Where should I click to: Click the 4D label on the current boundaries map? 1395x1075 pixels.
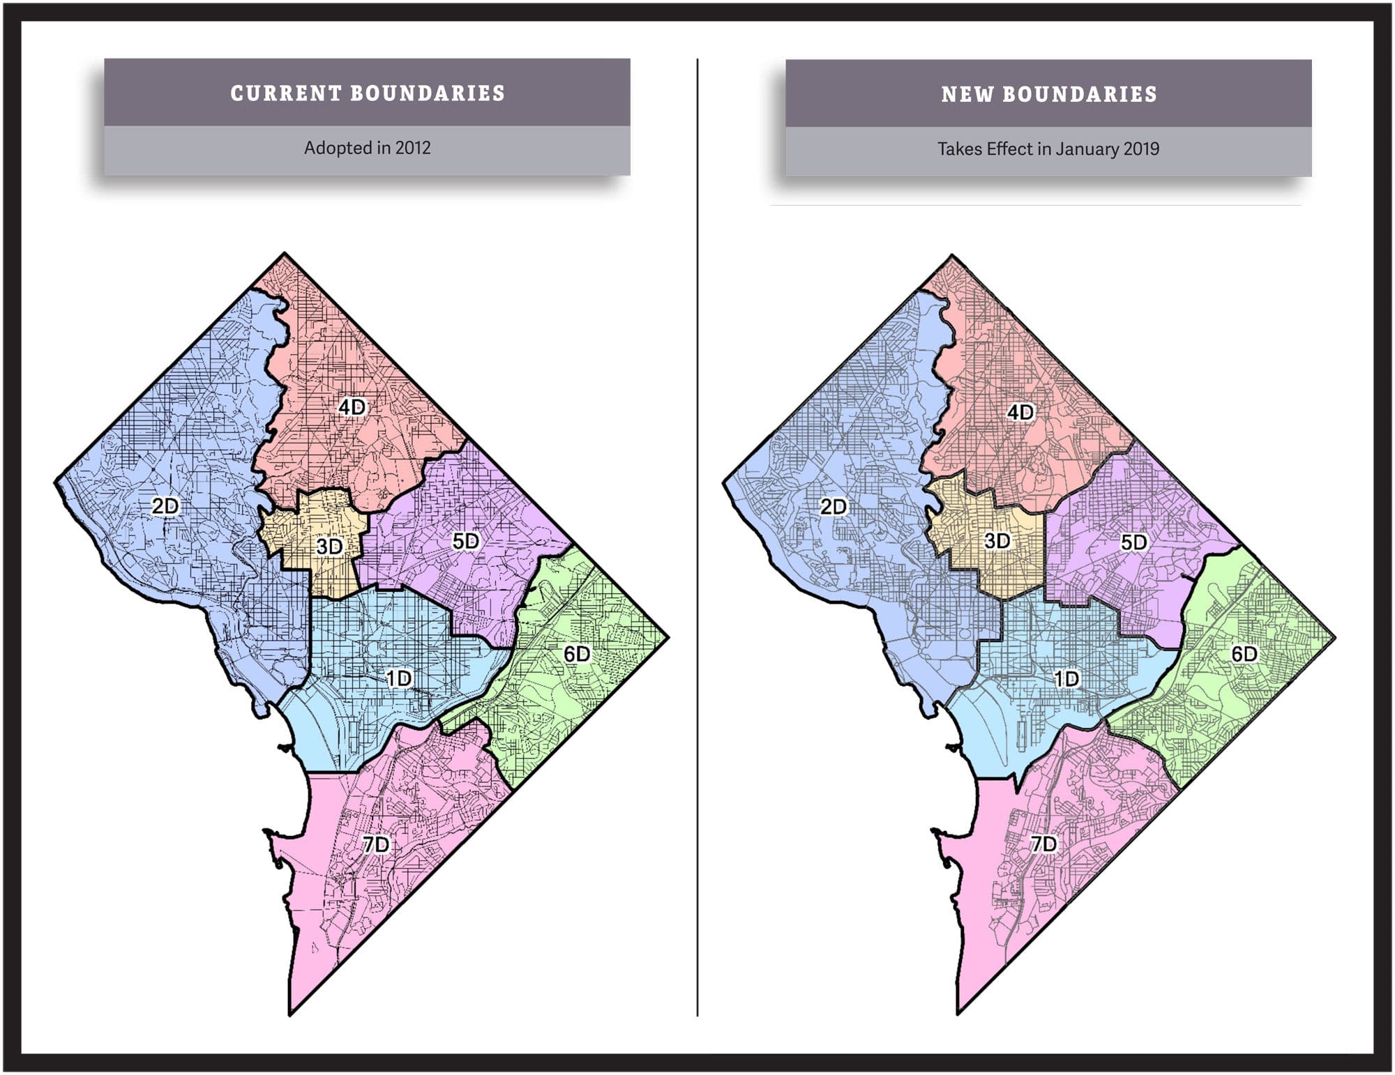[x=352, y=407]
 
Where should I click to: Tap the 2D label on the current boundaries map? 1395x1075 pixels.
[x=165, y=506]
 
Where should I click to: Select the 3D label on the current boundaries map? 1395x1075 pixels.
[x=329, y=547]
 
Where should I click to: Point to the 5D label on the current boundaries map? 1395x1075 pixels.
[x=466, y=541]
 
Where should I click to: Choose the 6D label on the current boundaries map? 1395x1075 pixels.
[x=577, y=654]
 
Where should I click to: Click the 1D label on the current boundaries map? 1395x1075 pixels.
[x=399, y=678]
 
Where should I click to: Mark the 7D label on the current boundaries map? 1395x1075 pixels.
[x=376, y=844]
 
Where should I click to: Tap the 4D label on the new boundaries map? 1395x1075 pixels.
[x=1020, y=412]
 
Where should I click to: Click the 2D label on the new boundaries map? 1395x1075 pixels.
[x=834, y=506]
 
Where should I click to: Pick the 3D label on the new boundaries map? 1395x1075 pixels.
[x=997, y=541]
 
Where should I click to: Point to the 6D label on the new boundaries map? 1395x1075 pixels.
[x=1244, y=654]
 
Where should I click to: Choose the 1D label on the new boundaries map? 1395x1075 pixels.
[x=1066, y=678]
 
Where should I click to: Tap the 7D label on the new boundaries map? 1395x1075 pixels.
[x=1043, y=844]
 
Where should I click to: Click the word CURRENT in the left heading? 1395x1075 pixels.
[x=285, y=93]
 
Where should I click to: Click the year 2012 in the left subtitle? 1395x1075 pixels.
[x=413, y=148]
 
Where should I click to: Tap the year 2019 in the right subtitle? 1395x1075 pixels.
[x=1141, y=149]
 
